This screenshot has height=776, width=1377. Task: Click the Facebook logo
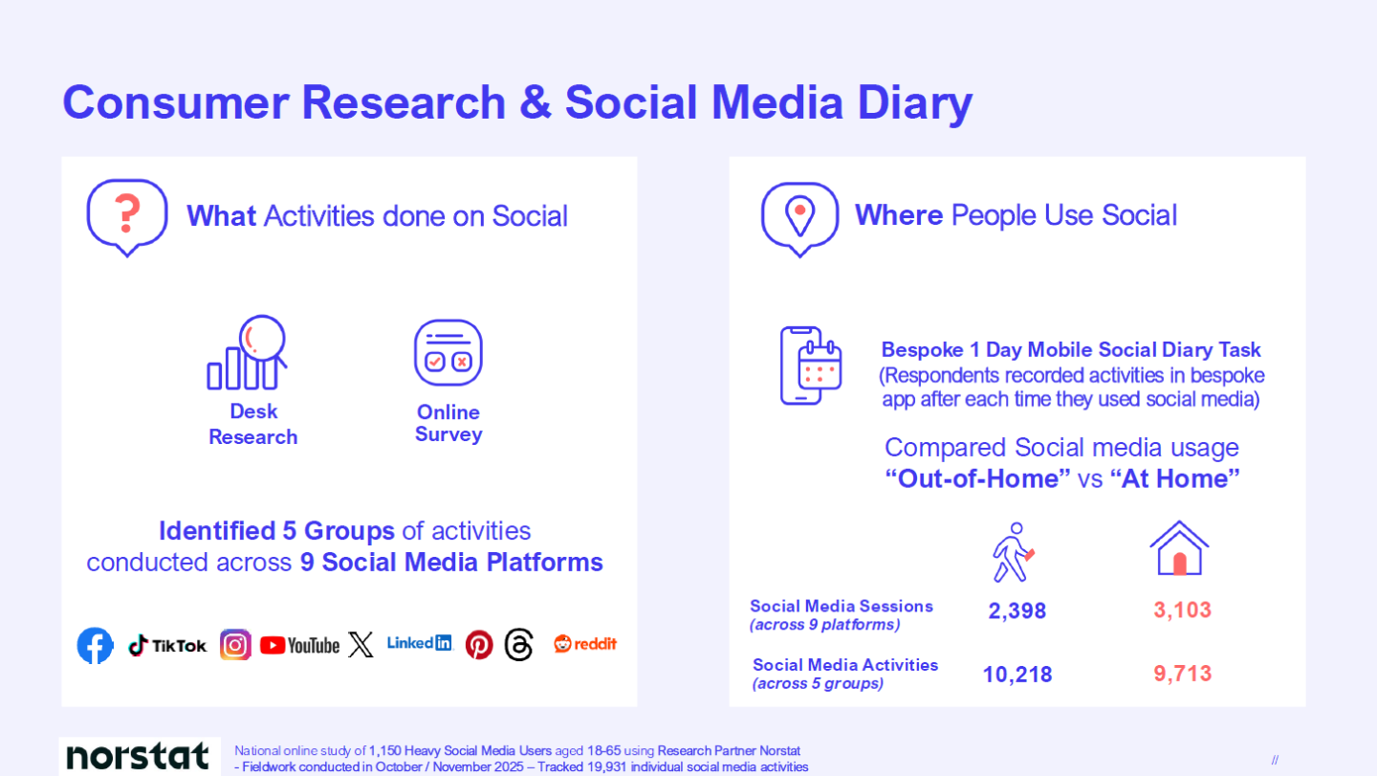96,646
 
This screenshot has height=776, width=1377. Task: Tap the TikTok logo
167,646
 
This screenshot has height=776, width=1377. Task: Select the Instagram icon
235,645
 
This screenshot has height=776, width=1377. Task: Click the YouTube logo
299,646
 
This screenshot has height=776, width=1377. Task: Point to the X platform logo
361,644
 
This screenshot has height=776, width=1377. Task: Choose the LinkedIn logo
419,643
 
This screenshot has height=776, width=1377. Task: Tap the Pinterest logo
479,645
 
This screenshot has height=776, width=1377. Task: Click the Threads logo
518,644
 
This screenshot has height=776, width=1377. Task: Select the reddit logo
584,644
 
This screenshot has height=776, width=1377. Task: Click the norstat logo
138,756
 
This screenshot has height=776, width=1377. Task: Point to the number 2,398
1016,610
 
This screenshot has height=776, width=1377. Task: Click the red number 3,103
1182,610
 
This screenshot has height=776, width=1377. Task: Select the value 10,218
1017,675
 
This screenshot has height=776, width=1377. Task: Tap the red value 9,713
1182,674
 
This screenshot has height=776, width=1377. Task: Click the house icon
1179,548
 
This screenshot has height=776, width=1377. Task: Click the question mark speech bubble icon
127,218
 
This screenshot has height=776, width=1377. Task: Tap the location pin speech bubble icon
799,219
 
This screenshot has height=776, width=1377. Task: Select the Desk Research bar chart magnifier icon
247,352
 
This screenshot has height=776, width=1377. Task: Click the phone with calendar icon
811,366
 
